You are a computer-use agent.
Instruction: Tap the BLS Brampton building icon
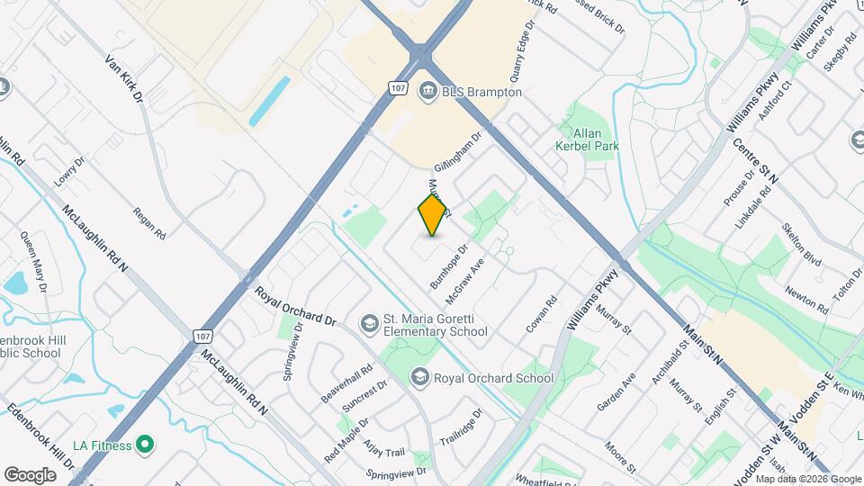(x=427, y=91)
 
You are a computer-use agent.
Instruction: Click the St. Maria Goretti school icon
(x=369, y=322)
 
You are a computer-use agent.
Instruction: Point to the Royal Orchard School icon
(x=418, y=377)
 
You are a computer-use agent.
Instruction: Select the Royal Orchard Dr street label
(x=295, y=307)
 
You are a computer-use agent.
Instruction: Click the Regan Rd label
(x=148, y=223)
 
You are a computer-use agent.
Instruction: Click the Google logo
(x=30, y=475)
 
